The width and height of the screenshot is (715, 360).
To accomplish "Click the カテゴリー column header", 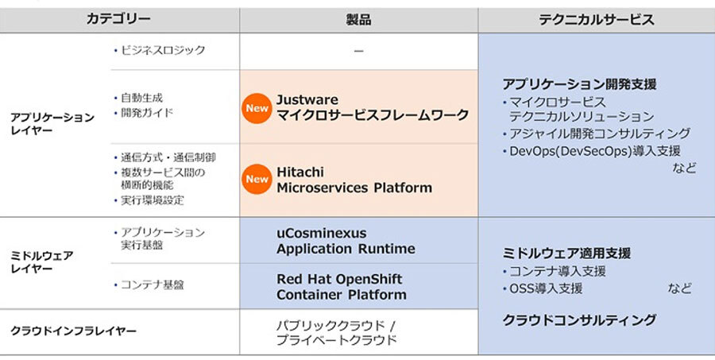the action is coord(118,19).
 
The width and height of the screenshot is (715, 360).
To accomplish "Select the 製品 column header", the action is coord(358,20).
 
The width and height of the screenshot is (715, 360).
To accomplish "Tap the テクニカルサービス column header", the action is coord(597,20).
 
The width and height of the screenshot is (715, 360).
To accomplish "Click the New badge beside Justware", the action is coord(257,108).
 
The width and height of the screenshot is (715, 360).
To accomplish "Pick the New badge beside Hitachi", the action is coord(257,179).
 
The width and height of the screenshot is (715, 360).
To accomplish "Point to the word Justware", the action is coord(307,100).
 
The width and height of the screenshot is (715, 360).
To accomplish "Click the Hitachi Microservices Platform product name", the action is coord(354,180).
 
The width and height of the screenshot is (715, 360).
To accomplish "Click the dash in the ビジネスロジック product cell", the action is coord(359,51).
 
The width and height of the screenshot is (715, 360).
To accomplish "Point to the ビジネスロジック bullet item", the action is coord(160,50).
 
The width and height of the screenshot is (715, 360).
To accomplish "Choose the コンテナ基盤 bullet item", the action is coord(149,285).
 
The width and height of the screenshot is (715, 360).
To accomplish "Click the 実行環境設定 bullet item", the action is coord(149,200).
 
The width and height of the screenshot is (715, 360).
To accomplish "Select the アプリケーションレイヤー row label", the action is coord(52,124).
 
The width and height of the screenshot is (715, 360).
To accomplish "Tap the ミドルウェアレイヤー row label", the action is coord(41,262).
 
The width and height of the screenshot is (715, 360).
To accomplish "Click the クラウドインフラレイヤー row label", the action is coord(73,331).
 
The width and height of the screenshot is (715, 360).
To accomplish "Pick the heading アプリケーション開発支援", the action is coord(580,84).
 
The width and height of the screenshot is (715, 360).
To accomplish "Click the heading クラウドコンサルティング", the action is coord(579,319).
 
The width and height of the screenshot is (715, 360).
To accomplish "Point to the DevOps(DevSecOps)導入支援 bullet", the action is coord(591,151).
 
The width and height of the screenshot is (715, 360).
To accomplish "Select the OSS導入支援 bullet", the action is coord(543,288).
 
